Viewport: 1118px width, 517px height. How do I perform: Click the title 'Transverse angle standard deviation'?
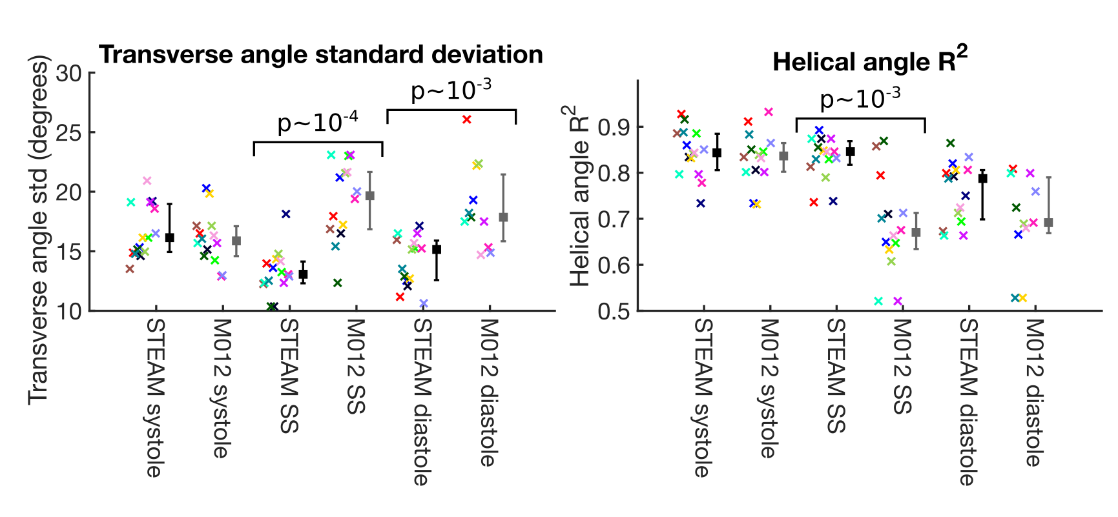321,55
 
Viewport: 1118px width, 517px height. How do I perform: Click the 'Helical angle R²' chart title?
869,61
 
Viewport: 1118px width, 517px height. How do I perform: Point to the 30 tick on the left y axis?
69,74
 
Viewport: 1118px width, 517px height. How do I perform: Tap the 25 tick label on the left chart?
69,133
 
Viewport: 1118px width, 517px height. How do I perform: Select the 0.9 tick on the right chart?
614,127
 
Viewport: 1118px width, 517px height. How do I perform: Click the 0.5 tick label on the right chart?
614,311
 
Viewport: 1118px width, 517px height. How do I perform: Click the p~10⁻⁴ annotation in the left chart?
318,123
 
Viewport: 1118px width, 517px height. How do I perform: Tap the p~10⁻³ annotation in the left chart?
451,90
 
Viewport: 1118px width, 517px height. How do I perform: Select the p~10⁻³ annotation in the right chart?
860,99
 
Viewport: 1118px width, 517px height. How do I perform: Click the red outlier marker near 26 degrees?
467,119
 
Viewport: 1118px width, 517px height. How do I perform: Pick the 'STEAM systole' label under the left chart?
154,398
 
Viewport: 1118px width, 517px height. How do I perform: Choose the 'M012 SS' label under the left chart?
355,366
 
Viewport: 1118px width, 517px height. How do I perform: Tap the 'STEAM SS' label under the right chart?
835,376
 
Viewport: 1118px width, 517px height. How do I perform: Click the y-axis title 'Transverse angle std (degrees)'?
39,230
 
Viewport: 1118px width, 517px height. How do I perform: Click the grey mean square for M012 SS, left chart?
370,196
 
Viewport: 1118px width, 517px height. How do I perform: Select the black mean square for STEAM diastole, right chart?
983,179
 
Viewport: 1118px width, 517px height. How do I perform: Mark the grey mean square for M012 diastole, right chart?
1048,223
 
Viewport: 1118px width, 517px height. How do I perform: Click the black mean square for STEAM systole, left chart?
169,238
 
